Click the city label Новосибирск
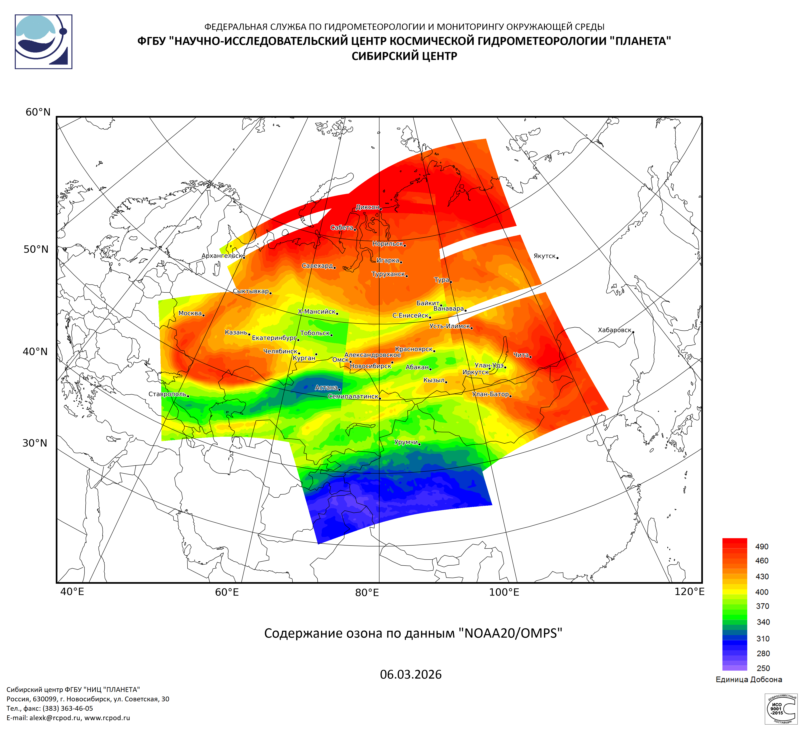[x=370, y=366]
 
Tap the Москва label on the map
[x=190, y=313]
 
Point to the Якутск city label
[x=544, y=256]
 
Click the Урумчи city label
[x=406, y=442]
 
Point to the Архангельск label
[x=222, y=256]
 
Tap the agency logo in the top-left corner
[x=43, y=42]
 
